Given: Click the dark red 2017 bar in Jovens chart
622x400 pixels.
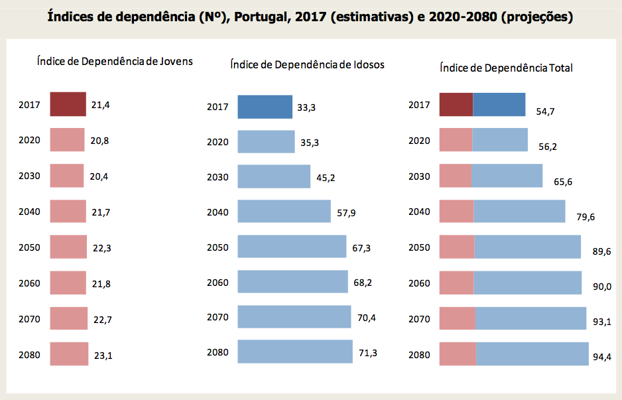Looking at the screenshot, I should pyautogui.click(x=68, y=104).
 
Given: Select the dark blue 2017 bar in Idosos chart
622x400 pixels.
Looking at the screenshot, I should pyautogui.click(x=265, y=107).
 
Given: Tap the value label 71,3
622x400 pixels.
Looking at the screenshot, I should pyautogui.click(x=368, y=353).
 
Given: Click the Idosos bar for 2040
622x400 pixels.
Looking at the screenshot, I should pyautogui.click(x=284, y=212).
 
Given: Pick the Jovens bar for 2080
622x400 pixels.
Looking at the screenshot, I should pyautogui.click(x=69, y=354).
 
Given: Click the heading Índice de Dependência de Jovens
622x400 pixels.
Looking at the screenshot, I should pyautogui.click(x=115, y=62).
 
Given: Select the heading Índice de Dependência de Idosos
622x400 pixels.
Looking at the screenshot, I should pyautogui.click(x=307, y=65).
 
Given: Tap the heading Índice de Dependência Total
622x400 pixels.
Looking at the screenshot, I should pyautogui.click(x=506, y=68).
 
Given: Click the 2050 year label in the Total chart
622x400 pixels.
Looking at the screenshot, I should pyautogui.click(x=419, y=247).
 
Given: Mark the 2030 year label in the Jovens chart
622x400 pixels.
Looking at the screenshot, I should pyautogui.click(x=30, y=176).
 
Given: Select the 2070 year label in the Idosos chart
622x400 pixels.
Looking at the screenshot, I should pyautogui.click(x=218, y=318).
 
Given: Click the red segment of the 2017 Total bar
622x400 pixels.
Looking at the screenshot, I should pyautogui.click(x=456, y=105).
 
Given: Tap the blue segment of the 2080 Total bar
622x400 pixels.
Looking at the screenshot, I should pyautogui.click(x=532, y=354).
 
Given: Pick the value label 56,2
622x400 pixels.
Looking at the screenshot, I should pyautogui.click(x=548, y=147).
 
